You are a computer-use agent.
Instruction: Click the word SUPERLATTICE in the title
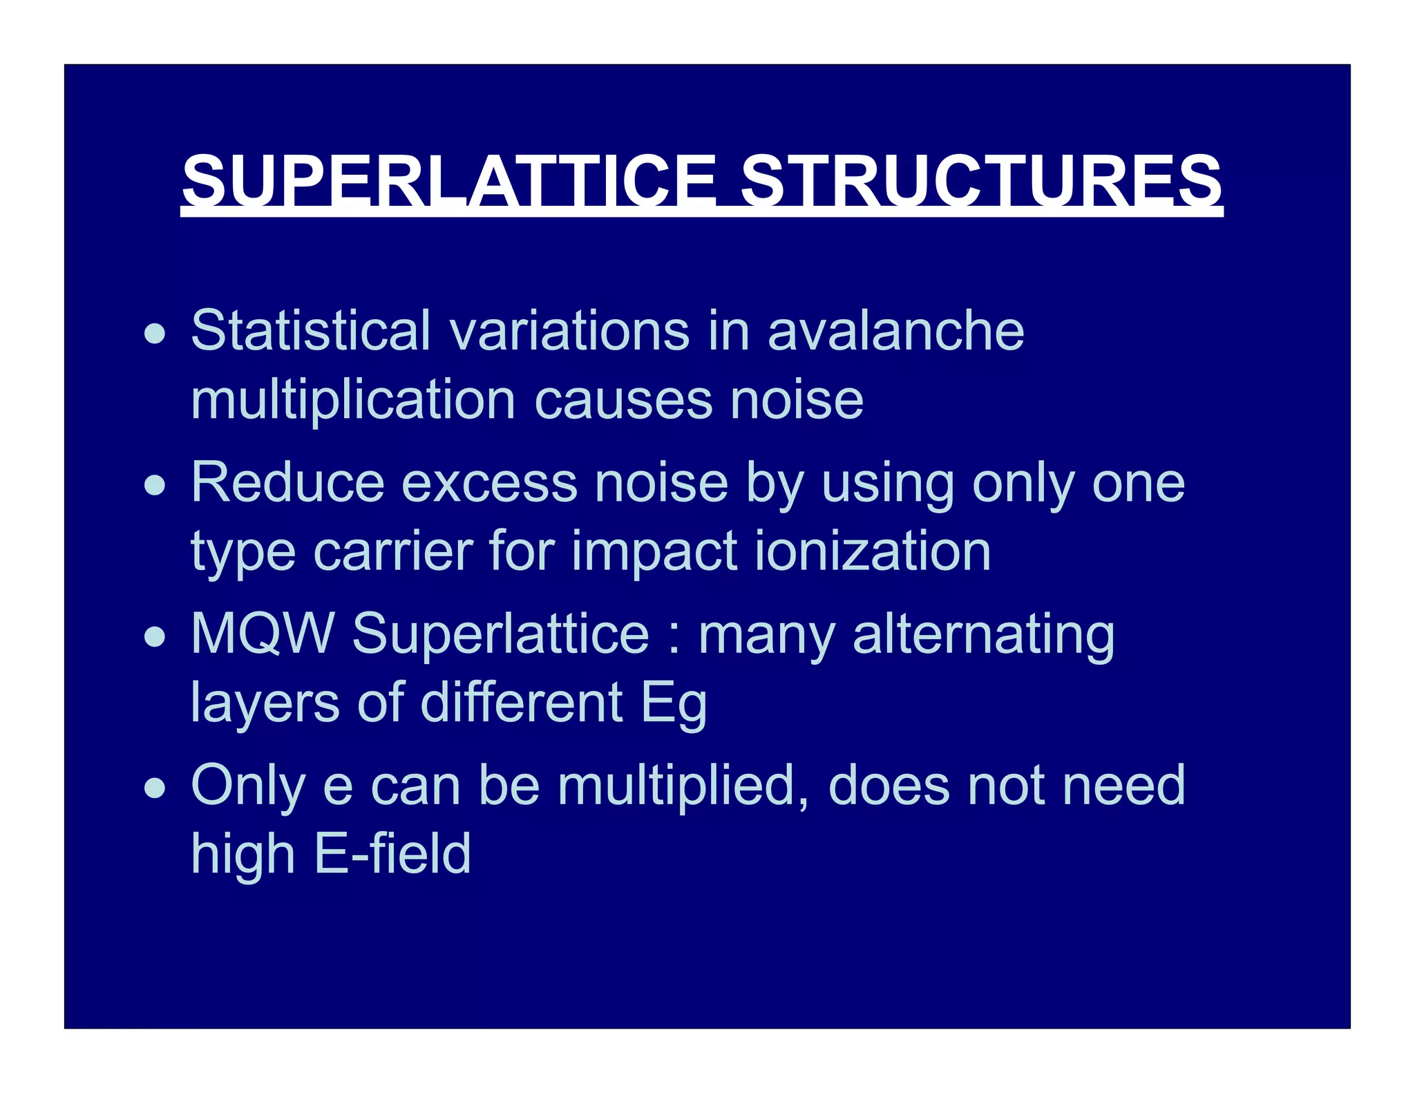pyautogui.click(x=449, y=181)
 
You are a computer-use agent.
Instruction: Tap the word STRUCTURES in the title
pyautogui.click(x=981, y=181)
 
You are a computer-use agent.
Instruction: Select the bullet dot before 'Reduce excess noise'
pyautogui.click(x=155, y=486)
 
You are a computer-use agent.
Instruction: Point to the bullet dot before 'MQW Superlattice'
pyautogui.click(x=155, y=637)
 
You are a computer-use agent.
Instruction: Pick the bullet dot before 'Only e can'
pyautogui.click(x=155, y=788)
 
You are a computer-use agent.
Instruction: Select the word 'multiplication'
pyautogui.click(x=353, y=401)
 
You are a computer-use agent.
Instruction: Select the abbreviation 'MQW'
pyautogui.click(x=263, y=634)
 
